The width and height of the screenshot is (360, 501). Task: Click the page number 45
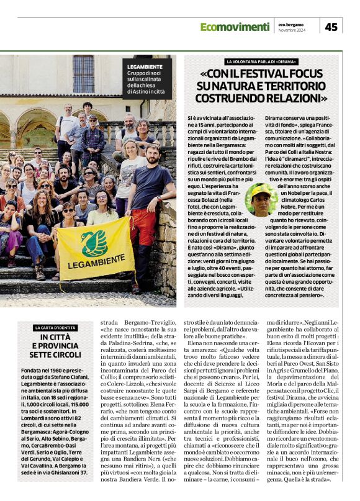point(332,27)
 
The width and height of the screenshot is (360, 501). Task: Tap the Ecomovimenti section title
point(235,27)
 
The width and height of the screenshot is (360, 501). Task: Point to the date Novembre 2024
point(292,30)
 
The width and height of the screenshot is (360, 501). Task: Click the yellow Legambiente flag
point(94,248)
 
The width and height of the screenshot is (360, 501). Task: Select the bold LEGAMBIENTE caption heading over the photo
point(145,66)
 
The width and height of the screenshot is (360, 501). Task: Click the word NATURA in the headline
point(236,87)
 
